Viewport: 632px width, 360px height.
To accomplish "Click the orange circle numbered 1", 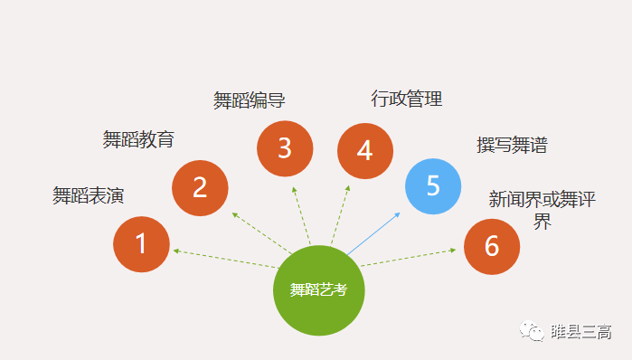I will point(141,243).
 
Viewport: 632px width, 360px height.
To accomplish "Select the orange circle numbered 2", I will point(200,187).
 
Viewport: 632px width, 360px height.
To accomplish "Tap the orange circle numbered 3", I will point(285,148).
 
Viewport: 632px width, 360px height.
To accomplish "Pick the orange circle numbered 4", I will point(365,150).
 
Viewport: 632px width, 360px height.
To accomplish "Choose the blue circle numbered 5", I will point(433,185).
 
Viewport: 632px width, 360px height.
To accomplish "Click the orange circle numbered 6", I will point(492,246).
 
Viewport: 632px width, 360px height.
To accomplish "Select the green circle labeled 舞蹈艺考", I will point(318,290).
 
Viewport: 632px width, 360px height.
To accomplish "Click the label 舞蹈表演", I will point(88,195).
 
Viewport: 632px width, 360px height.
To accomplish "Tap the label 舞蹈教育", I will point(138,139).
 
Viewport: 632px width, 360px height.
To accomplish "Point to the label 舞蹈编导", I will point(250,100).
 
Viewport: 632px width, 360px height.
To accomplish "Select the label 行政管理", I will point(407,99).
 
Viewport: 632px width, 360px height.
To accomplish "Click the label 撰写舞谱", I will point(512,145).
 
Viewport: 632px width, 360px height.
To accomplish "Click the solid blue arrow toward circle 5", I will point(373,233).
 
